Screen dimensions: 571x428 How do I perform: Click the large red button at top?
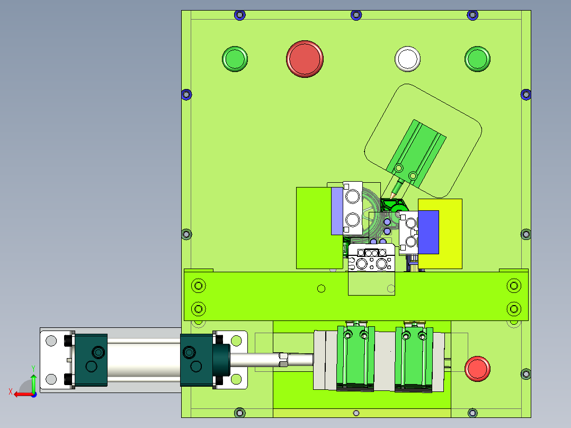click(305, 59)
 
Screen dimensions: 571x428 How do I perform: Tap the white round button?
click(407, 59)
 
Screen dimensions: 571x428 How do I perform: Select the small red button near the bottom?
click(477, 369)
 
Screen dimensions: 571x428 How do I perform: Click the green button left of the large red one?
click(235, 59)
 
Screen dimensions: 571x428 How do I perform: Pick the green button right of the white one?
click(477, 59)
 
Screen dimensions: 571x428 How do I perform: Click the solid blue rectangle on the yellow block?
click(429, 232)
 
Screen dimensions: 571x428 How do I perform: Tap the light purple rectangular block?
click(337, 211)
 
